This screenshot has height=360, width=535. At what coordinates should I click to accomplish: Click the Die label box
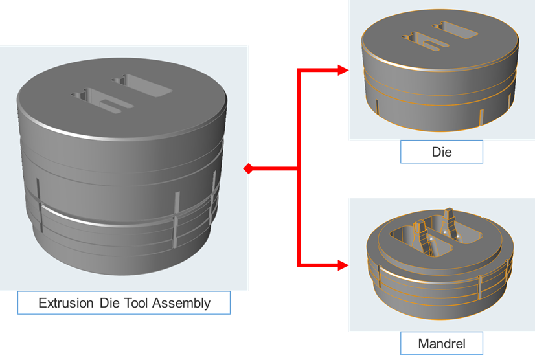coord(441,153)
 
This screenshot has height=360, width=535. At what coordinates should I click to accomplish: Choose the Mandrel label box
coord(442,341)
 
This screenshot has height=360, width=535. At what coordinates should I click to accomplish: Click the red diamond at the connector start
coord(247,169)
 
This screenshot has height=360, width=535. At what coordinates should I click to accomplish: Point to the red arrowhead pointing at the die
coord(343,71)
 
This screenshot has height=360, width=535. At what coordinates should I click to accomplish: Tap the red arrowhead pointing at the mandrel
coord(343,265)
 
